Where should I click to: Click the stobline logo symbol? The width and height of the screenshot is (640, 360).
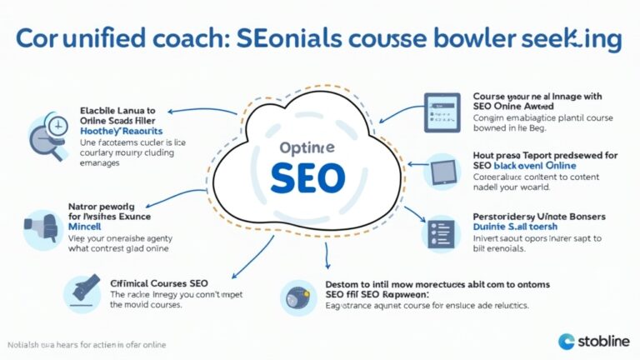coord(567,341)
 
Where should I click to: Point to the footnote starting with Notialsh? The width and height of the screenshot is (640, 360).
coord(87,345)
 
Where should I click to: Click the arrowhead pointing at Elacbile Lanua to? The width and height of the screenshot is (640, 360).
coord(171,110)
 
